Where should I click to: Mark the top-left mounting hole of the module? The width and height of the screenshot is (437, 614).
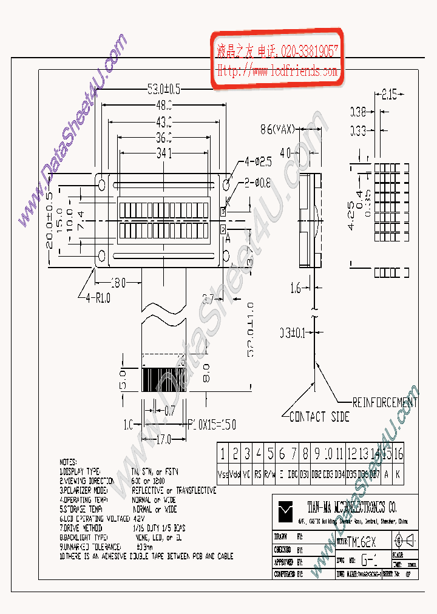102,183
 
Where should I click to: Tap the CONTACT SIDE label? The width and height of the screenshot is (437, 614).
319,417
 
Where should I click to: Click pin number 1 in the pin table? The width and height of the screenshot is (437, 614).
223,454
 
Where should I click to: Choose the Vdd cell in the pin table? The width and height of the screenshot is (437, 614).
235,473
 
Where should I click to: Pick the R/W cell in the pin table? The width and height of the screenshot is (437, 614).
270,473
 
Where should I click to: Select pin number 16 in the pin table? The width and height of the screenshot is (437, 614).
398,454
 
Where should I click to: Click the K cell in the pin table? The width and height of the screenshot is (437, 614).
398,473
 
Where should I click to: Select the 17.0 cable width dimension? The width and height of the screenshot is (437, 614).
163,439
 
